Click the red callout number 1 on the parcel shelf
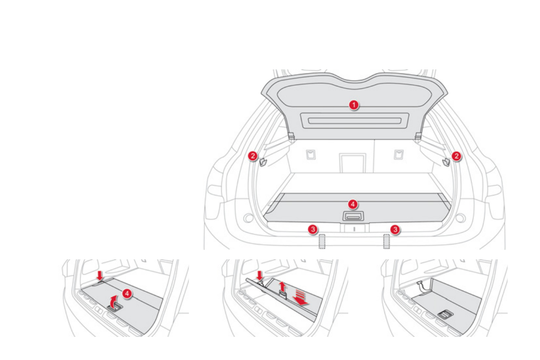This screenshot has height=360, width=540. (x=354, y=105)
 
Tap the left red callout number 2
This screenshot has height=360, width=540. (x=252, y=156)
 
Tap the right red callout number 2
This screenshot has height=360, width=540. (x=457, y=156)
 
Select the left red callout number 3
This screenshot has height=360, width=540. (x=312, y=229)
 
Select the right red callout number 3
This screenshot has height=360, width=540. (x=395, y=229)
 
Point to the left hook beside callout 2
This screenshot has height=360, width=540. (x=263, y=161)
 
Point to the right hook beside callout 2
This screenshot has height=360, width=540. (x=446, y=161)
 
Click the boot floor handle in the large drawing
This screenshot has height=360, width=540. (x=354, y=217)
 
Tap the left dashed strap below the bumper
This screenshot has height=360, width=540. (x=322, y=242)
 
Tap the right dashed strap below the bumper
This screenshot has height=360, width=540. (x=387, y=242)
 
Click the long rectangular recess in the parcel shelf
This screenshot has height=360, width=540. (x=354, y=121)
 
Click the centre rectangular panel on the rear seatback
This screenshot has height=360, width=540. (x=352, y=162)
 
